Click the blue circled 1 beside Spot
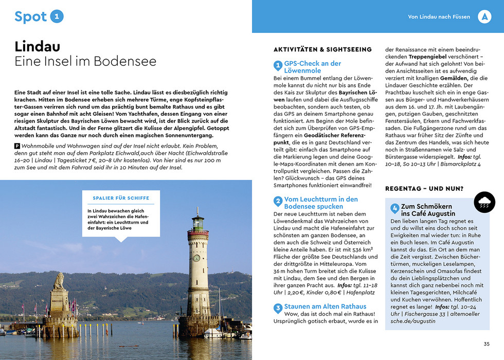coord(57,16)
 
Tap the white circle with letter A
coord(484,16)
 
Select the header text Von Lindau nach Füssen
coord(439,17)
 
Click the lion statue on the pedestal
coord(59,280)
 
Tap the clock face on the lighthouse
coord(196,257)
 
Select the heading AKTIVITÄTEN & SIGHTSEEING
coord(322,49)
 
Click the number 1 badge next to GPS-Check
coord(278,66)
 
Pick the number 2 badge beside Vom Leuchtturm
coord(278,201)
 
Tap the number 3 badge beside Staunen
coord(278,308)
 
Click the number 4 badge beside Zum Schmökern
coord(394,208)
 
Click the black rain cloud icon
coord(484,202)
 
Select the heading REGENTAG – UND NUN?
coord(424,188)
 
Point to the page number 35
coord(487,344)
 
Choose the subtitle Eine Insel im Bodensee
coord(85,62)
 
